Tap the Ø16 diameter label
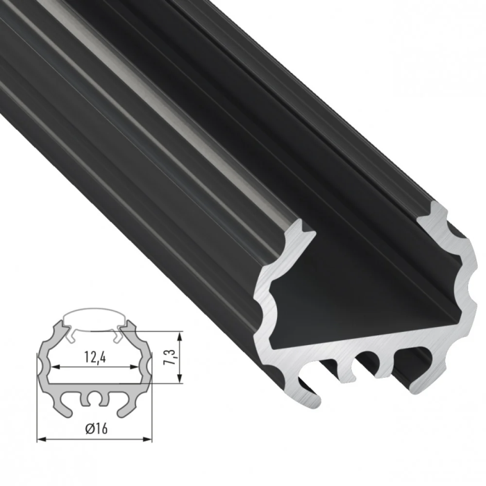pos(94,428)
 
